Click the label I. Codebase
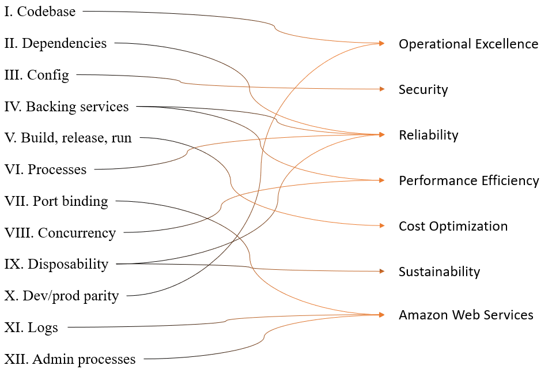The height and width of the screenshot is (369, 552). (40, 12)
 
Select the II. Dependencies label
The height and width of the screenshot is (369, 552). (55, 43)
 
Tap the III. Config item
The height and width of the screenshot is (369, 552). (36, 75)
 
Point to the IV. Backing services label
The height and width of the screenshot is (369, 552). (66, 107)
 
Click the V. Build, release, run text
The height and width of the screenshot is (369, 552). (68, 138)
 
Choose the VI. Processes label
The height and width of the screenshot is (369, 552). (46, 170)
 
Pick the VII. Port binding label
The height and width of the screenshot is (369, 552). (56, 201)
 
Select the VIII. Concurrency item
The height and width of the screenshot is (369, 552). (60, 233)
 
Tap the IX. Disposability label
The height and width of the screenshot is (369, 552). (56, 264)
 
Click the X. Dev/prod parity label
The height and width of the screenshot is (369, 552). (61, 296)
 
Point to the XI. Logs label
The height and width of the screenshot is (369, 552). (31, 328)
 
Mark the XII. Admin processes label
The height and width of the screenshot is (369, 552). (70, 360)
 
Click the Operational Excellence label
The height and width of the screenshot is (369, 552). (468, 44)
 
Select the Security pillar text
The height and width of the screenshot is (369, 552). (423, 90)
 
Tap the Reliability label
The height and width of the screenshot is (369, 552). (428, 135)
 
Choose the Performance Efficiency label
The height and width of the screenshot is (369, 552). (468, 181)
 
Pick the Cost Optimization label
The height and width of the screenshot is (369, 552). (453, 226)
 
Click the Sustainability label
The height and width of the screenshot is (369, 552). (439, 272)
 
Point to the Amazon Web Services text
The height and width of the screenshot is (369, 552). (466, 315)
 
